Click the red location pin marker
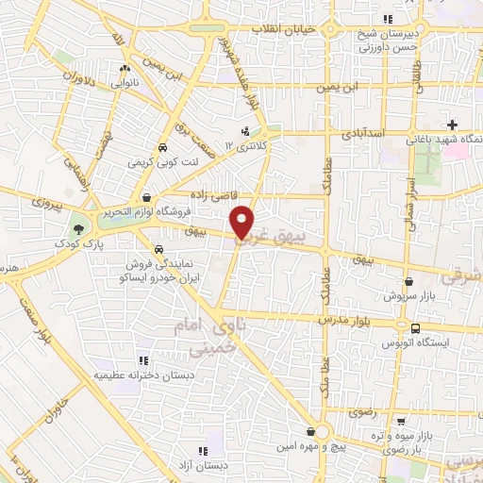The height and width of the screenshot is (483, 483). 243,223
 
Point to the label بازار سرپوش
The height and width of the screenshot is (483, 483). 408,295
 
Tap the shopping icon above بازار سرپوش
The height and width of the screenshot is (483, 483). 408,281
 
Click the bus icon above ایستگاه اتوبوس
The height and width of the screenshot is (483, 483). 415,327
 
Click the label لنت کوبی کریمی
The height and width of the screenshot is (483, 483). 164,162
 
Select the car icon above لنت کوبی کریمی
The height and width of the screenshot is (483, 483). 162,148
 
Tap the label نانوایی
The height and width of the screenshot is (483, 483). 123,82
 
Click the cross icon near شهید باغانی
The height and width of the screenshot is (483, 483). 453,125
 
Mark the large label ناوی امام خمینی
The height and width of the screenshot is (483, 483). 201,337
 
